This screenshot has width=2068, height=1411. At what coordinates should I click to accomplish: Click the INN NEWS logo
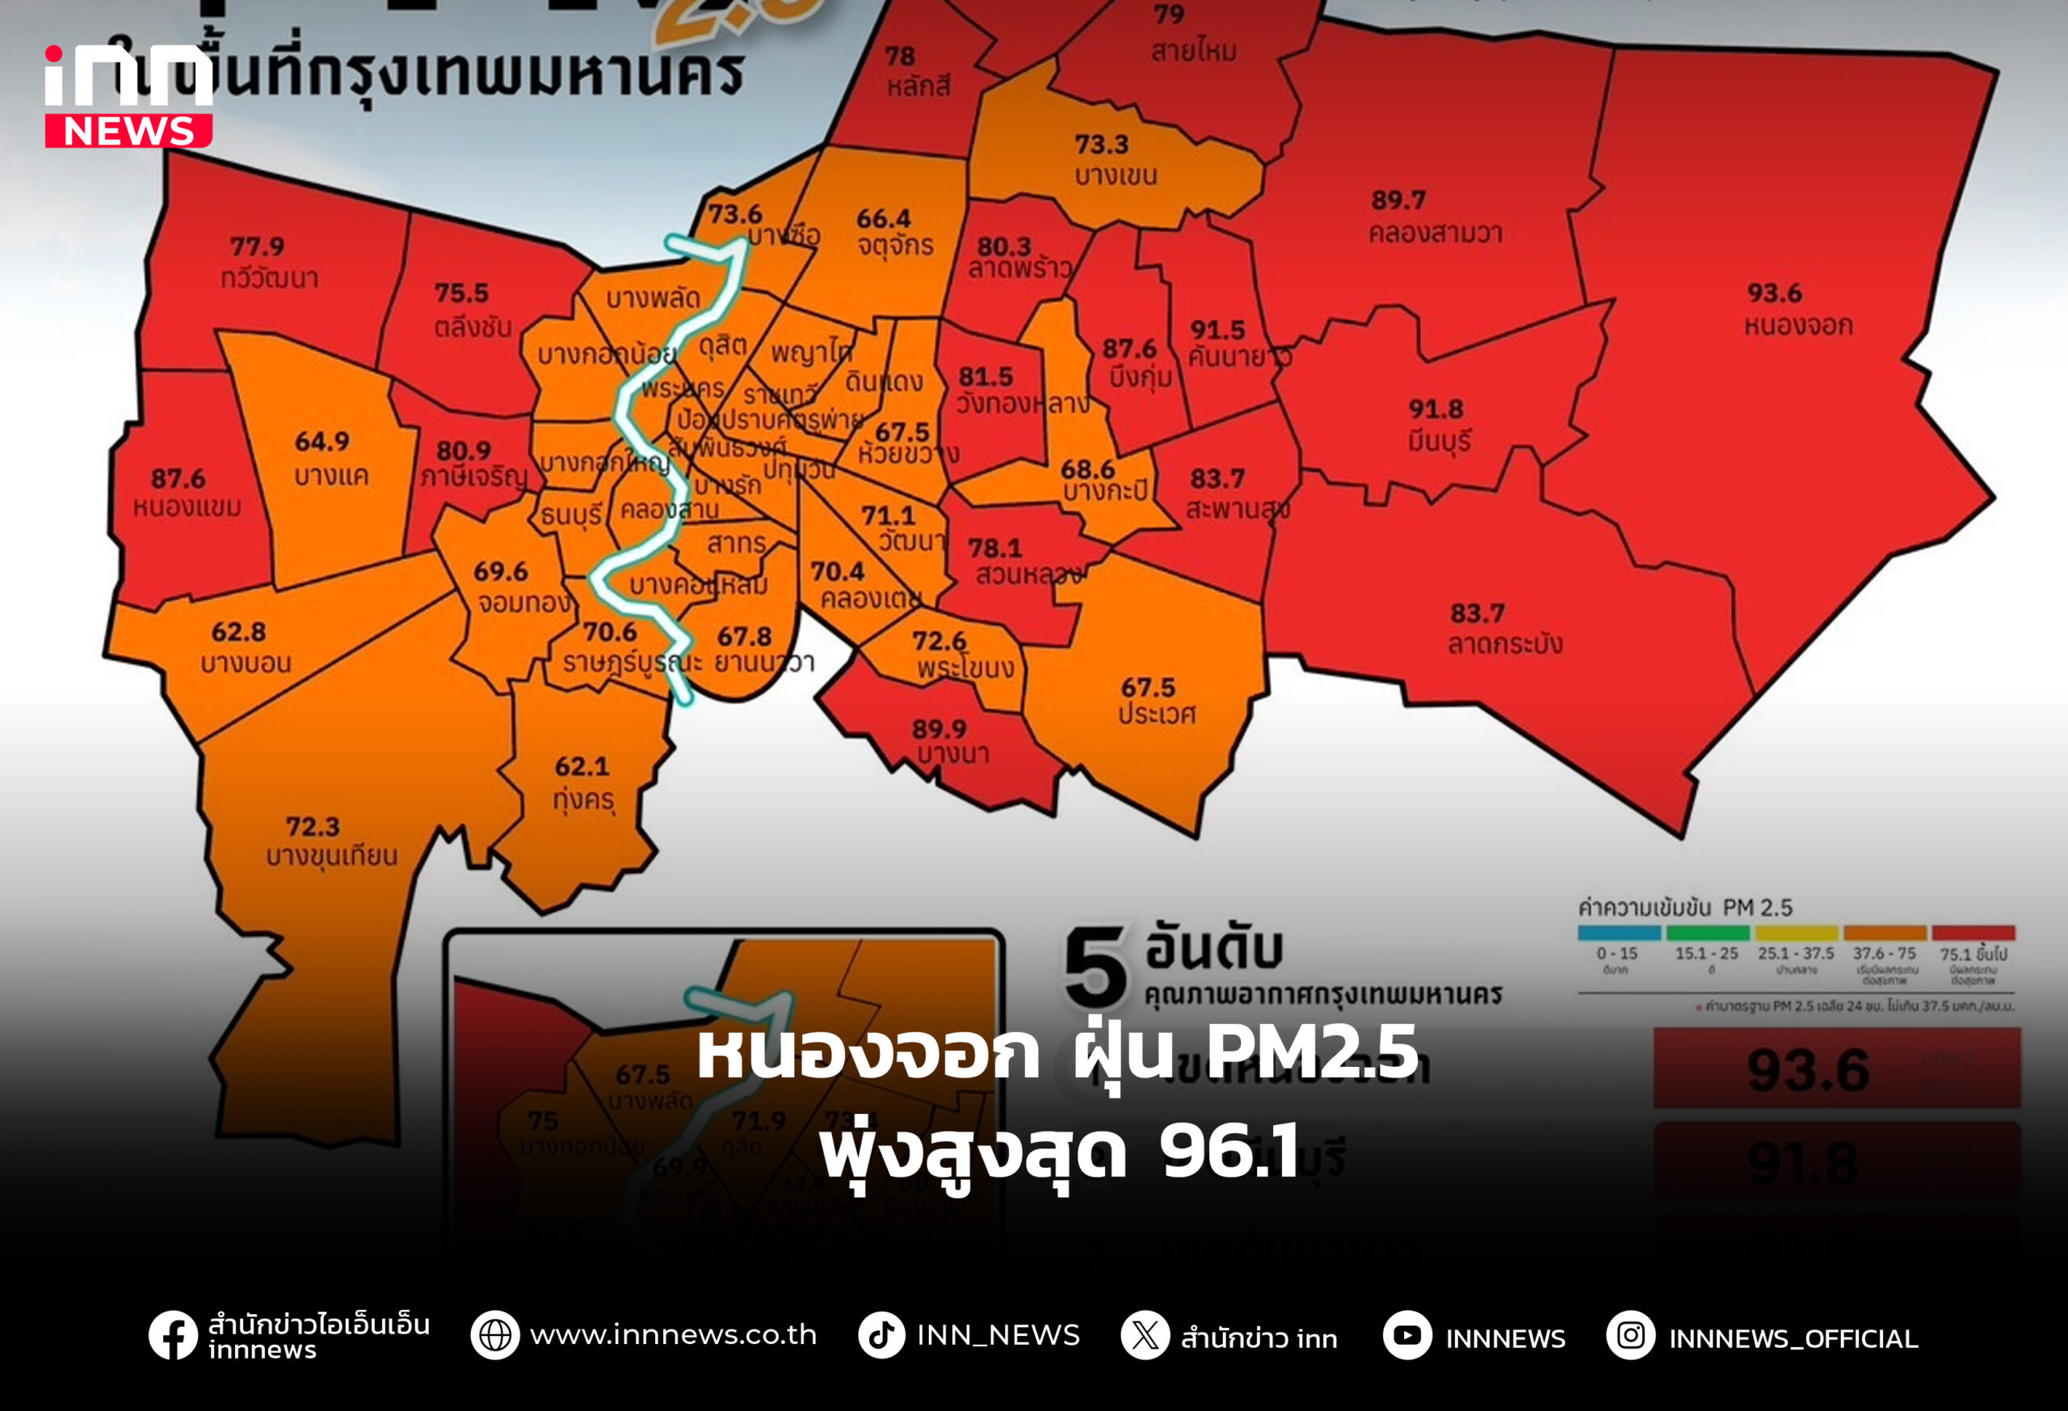[128, 96]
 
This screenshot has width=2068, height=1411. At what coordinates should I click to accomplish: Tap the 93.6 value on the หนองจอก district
[1773, 292]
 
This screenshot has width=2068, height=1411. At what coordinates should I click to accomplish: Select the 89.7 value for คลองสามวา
[1398, 200]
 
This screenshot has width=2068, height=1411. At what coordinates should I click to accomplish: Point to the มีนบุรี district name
[1439, 440]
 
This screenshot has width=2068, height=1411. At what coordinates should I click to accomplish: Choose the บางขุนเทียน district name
[331, 856]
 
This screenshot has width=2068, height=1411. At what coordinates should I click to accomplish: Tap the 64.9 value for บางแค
[322, 441]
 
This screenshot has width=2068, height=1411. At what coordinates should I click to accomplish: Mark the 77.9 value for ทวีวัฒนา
[257, 246]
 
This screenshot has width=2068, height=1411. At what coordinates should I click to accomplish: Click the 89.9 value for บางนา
[939, 729]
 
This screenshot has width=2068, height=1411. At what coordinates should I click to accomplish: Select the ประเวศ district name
[1157, 715]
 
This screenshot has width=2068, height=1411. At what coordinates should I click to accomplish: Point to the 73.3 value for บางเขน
[1101, 144]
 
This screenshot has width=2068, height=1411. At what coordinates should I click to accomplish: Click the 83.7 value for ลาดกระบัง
[1477, 613]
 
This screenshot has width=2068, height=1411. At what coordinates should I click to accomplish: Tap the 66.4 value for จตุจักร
[884, 218]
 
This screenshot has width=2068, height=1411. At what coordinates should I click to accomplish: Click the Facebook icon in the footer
[173, 1335]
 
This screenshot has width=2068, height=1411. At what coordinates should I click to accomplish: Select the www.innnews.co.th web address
[673, 1335]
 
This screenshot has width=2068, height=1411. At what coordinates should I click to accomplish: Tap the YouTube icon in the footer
[1407, 1335]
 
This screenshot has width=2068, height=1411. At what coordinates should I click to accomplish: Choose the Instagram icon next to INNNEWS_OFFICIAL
[1630, 1335]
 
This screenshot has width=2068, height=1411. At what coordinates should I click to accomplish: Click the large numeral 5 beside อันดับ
[1095, 968]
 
